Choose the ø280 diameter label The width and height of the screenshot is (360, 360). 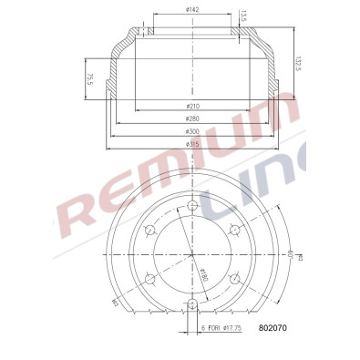[x=191, y=118]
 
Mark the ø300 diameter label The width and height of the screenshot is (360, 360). [x=191, y=131]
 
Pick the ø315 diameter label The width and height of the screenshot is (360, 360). [x=191, y=143]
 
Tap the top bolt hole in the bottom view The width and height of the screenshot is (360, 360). [x=192, y=205]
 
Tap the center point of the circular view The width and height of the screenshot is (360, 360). [x=192, y=254]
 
